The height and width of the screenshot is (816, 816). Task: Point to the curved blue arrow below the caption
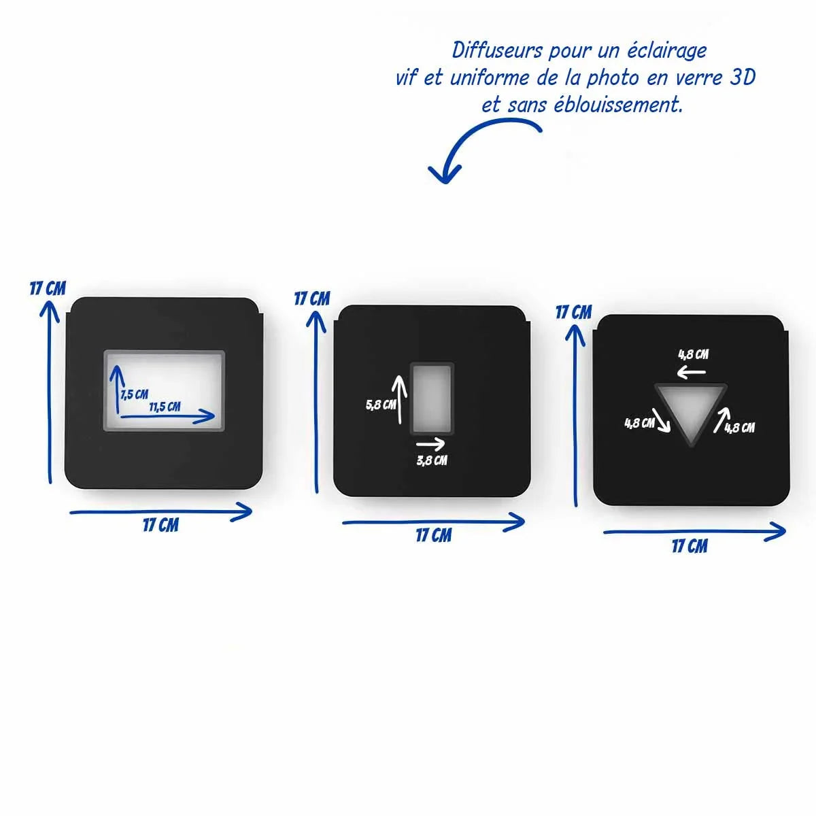(x=476, y=147)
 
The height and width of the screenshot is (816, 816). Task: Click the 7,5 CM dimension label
(x=135, y=394)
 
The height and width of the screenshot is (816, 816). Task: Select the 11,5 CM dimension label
(x=165, y=407)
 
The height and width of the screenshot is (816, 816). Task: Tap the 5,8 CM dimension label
(x=381, y=405)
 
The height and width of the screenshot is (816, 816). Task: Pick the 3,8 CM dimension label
(x=432, y=460)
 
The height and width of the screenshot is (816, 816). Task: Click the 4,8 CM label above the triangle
(x=693, y=354)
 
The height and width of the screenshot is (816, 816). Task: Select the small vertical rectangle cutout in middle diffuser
(x=431, y=399)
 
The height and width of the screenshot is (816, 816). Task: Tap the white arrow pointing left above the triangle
(x=692, y=372)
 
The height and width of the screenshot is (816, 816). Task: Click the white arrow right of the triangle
(x=720, y=420)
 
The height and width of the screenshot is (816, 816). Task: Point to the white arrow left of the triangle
(x=662, y=420)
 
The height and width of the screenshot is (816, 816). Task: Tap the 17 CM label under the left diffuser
(x=160, y=525)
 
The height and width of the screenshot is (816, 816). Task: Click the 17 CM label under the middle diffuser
(x=433, y=535)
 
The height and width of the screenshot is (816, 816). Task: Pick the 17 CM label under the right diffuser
(x=690, y=546)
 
